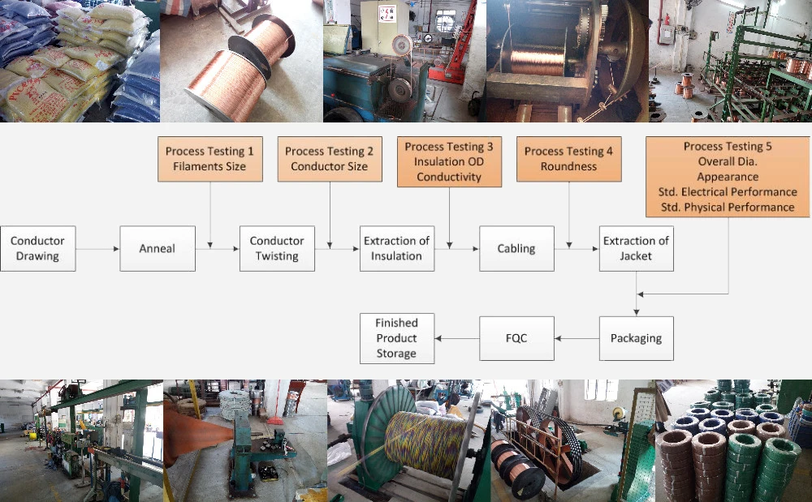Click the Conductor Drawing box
(x=38, y=249)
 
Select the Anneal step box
(x=158, y=249)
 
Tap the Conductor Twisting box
(x=277, y=249)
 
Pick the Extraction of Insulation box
(x=397, y=249)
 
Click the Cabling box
(x=516, y=249)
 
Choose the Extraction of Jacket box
(x=637, y=249)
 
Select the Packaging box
(x=637, y=339)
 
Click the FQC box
(x=516, y=339)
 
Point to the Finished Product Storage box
(x=397, y=339)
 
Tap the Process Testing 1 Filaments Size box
(x=209, y=159)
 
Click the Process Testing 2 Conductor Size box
(x=330, y=159)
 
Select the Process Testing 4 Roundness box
(x=568, y=159)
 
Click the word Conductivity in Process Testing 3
(x=449, y=177)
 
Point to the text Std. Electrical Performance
(x=728, y=192)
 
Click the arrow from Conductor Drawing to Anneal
(x=98, y=249)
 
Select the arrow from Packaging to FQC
(x=577, y=339)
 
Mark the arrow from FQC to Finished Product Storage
(x=457, y=339)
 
